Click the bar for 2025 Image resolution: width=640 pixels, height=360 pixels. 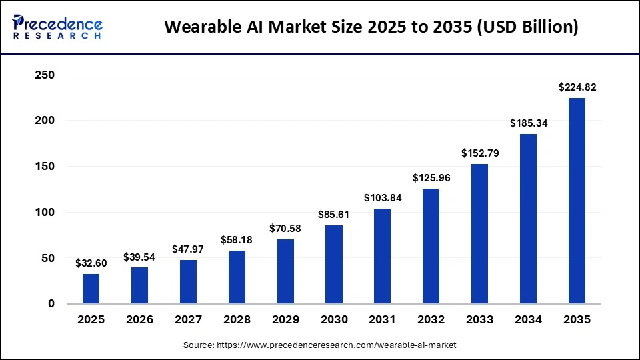coord(91,289)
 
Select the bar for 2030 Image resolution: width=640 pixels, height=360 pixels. coord(334,265)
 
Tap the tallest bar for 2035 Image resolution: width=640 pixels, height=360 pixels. coord(577,201)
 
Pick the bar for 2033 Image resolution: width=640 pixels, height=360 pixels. coord(479,234)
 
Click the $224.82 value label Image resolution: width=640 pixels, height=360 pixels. coord(577,87)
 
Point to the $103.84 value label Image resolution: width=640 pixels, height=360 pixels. coord(383,197)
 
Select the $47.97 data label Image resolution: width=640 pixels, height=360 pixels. coord(188,249)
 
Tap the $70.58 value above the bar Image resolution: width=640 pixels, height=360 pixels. coord(285,228)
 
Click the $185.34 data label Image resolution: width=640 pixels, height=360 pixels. coord(528,123)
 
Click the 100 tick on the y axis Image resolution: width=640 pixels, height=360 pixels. coord(44,212)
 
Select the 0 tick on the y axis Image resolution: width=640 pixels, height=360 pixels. coord(51,304)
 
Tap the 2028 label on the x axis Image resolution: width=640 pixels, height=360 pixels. coord(237,320)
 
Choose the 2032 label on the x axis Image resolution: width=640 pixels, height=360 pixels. coord(431,320)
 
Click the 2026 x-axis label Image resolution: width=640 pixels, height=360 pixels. coord(139,320)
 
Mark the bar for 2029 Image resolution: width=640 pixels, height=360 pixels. coord(285,271)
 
